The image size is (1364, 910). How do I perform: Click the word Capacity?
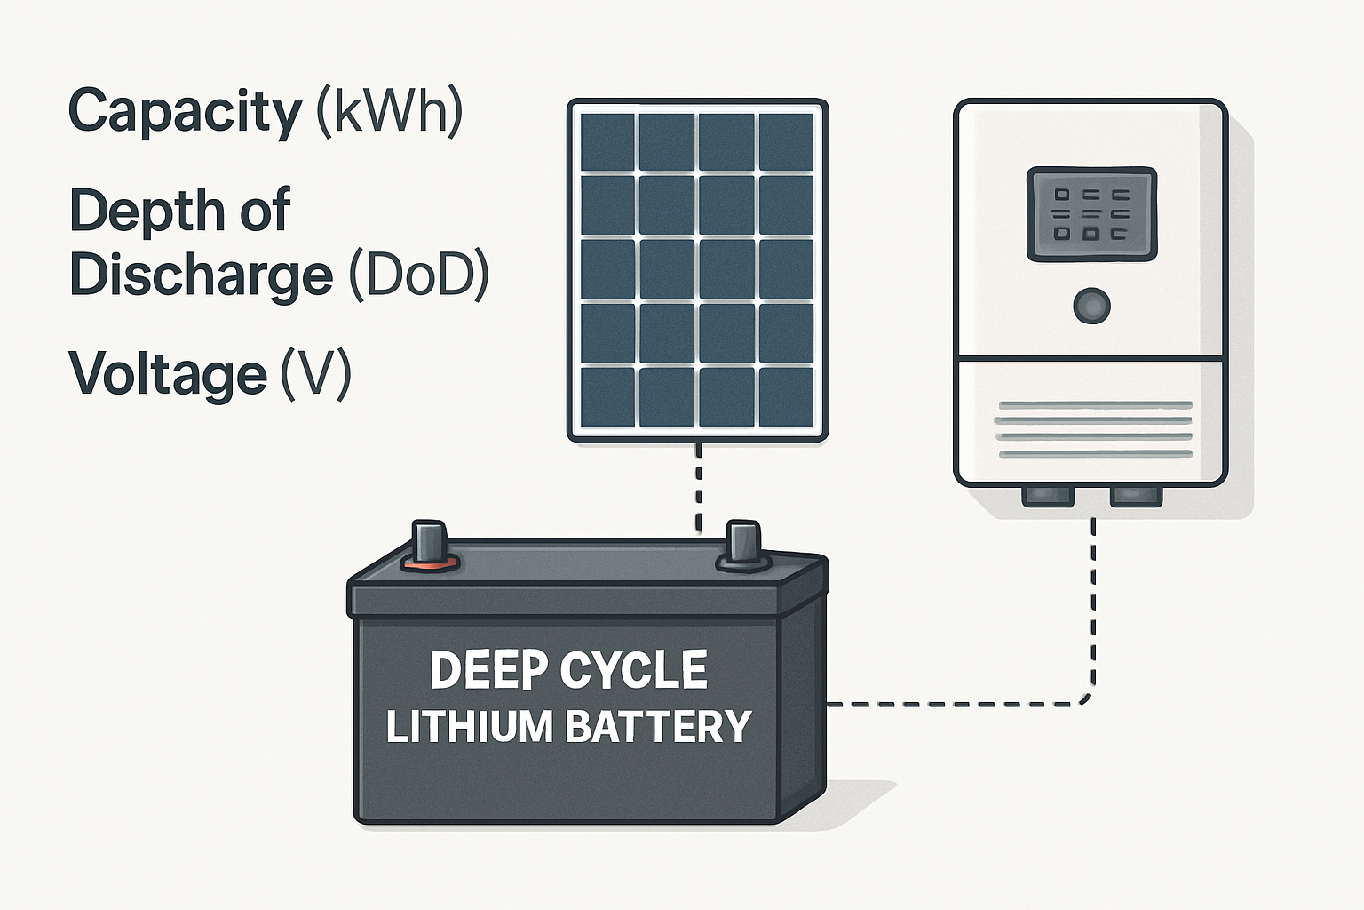pyautogui.click(x=186, y=113)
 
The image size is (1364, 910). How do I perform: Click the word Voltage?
pyautogui.click(x=168, y=373)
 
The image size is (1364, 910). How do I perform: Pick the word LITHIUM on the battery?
pyautogui.click(x=470, y=727)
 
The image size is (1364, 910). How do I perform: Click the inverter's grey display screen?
pyautogui.click(x=1091, y=214)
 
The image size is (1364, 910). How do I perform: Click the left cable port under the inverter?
pyautogui.click(x=1048, y=496)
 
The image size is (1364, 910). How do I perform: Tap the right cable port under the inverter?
pyautogui.click(x=1136, y=496)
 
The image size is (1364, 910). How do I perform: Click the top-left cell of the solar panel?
pyautogui.click(x=607, y=141)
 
